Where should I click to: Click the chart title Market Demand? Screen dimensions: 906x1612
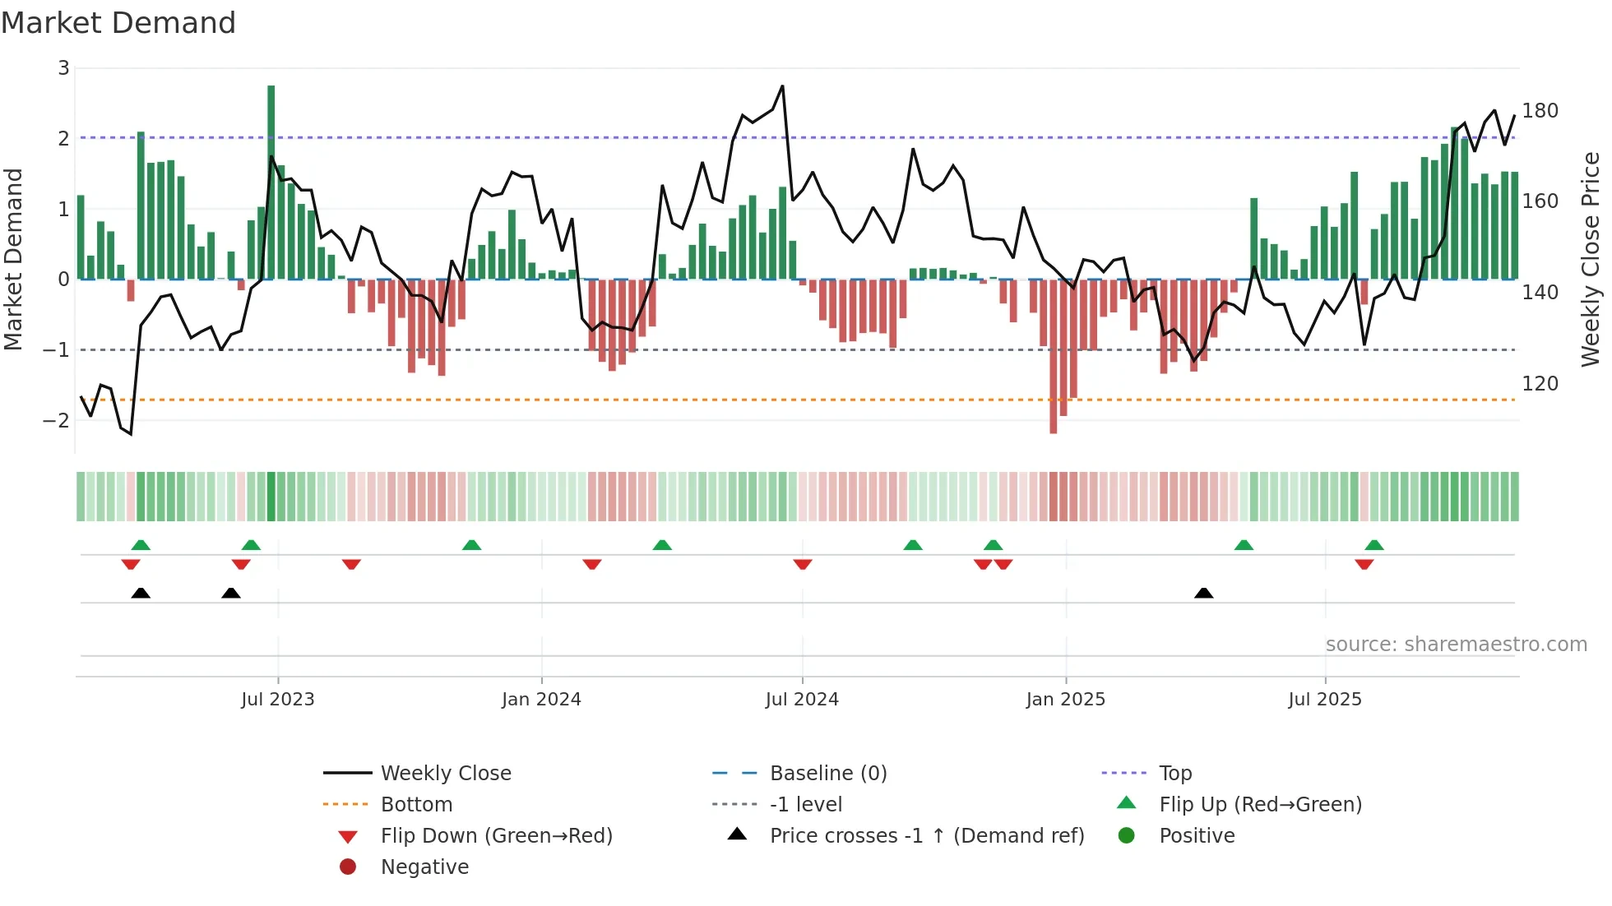click(x=118, y=23)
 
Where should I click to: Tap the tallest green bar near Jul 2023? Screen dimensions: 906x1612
click(x=271, y=181)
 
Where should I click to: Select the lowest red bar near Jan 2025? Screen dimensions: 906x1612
click(x=1054, y=358)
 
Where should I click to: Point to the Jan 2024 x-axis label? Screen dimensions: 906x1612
click(x=541, y=700)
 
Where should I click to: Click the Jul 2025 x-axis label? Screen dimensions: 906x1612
click(x=1325, y=700)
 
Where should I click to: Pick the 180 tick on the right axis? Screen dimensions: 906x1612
click(x=1540, y=111)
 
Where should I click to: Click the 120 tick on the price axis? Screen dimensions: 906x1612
click(x=1540, y=384)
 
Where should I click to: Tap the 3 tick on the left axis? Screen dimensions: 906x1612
click(x=63, y=68)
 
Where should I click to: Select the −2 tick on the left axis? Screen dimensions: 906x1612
click(x=57, y=421)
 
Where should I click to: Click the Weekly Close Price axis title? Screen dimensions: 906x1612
click(x=1591, y=259)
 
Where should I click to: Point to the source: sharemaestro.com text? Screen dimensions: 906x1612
click(x=1456, y=645)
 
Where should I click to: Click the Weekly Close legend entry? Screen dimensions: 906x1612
click(x=445, y=774)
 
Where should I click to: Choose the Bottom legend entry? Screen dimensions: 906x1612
click(x=416, y=805)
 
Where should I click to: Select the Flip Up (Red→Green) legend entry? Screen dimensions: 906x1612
click(x=1260, y=805)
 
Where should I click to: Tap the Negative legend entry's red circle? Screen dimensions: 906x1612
click(x=348, y=867)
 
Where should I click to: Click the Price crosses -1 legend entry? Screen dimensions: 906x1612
click(x=926, y=836)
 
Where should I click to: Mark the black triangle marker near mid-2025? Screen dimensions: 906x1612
click(x=1203, y=593)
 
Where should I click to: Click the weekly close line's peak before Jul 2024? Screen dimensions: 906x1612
click(x=782, y=86)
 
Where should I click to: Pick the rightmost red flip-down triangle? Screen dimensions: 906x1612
click(x=1364, y=565)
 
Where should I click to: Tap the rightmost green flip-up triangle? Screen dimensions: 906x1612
click(x=1374, y=544)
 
